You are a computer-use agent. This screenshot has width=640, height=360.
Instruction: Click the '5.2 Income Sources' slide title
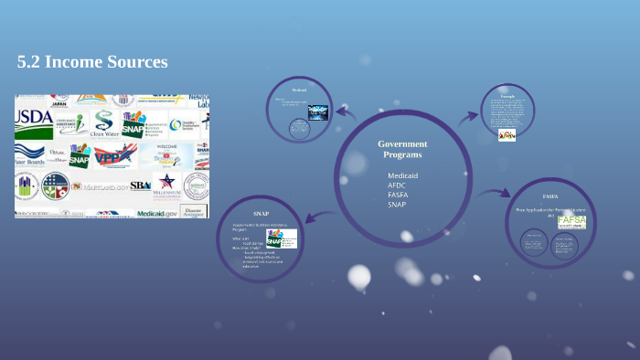click(92, 62)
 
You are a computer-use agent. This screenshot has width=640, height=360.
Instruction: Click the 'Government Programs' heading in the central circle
click(402, 149)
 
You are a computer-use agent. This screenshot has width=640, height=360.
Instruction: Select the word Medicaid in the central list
click(402, 175)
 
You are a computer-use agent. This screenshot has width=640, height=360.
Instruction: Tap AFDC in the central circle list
click(397, 185)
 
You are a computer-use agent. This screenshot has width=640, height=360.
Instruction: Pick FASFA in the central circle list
click(398, 194)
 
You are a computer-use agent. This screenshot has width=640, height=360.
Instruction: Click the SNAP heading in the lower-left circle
click(261, 213)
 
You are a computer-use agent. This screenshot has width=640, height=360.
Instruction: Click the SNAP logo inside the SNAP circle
click(281, 238)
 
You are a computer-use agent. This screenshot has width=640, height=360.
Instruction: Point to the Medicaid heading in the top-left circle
click(299, 90)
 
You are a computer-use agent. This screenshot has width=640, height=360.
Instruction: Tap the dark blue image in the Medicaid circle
click(317, 111)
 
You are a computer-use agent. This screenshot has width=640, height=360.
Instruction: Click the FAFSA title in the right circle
click(550, 196)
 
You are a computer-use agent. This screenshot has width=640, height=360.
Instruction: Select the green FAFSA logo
click(571, 221)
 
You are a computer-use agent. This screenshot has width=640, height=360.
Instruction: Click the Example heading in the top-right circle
click(507, 96)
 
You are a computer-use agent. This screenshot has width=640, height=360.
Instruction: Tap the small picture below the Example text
click(507, 134)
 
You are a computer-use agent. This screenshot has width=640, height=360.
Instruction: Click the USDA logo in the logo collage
click(34, 116)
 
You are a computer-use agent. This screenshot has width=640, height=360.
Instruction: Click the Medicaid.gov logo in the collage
click(157, 211)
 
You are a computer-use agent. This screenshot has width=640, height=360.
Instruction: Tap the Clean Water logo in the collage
click(103, 124)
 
